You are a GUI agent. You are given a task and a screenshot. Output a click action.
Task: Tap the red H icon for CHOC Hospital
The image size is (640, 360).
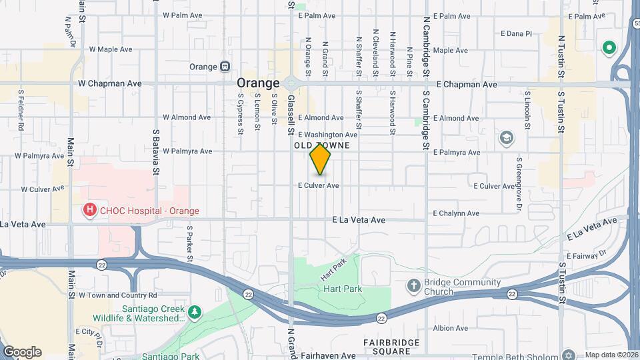pos(89,211)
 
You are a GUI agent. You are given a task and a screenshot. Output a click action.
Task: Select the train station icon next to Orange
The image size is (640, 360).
pos(225,67)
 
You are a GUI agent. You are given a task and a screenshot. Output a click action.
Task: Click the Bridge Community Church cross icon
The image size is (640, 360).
pos(413,286)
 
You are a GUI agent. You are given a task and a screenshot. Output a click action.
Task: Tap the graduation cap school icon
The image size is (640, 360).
pos(507,138)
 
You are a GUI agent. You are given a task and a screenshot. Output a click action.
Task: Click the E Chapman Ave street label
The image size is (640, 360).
pos(467,85)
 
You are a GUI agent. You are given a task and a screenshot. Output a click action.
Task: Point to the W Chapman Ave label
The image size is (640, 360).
pos(110,84)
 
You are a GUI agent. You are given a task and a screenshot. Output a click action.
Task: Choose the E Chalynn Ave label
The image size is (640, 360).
pos(456,214)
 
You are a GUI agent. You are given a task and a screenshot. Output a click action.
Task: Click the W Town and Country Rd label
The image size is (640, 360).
pos(117,295)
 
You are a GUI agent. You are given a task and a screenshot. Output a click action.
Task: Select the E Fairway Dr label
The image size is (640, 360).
pos(587,254)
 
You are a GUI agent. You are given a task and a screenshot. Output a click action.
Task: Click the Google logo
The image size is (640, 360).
pos(22,351)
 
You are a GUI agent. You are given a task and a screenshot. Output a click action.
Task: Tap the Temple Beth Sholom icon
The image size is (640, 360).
pos(568,355)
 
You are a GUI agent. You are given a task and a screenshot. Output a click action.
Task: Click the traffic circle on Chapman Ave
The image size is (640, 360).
pos(291,84)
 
